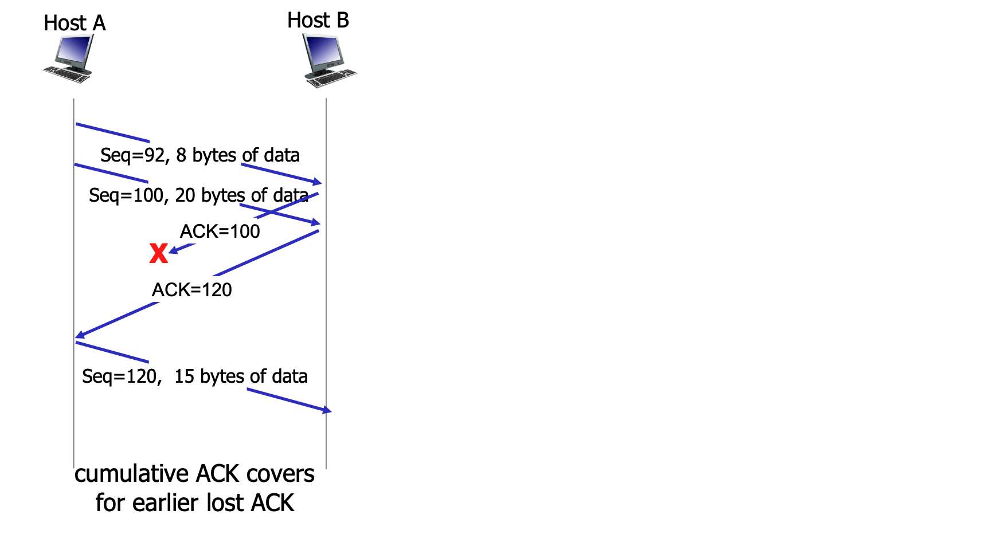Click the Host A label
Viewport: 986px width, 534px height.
[75, 23]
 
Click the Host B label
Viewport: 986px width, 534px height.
[318, 21]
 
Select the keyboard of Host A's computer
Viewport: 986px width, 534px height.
[66, 74]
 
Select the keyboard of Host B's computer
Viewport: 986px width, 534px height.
[332, 78]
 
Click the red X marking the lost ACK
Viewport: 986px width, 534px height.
[158, 253]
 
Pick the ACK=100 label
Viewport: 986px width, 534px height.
[220, 231]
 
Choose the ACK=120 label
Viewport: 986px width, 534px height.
[192, 290]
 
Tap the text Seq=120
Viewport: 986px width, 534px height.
[119, 376]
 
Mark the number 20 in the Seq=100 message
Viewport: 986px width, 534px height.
[185, 195]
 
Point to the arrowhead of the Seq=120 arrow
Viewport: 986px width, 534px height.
[327, 410]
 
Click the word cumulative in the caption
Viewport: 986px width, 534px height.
[131, 474]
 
